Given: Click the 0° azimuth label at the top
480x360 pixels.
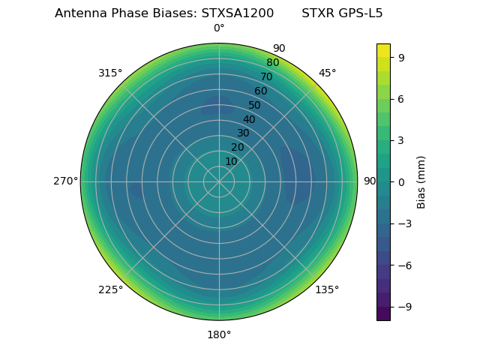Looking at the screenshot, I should click(219, 28).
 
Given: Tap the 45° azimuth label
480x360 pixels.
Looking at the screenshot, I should click(327, 73).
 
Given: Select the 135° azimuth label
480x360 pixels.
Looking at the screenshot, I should click(327, 290).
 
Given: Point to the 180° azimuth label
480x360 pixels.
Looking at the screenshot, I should click(219, 334).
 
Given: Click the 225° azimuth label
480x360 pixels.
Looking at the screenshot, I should click(110, 290).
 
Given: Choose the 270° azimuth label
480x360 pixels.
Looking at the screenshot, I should click(65, 181).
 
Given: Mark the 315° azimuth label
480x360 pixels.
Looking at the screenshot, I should click(110, 73).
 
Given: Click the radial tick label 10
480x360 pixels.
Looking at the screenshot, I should click(231, 161).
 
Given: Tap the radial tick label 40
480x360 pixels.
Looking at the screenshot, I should click(249, 120).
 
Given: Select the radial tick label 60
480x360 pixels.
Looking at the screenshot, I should click(260, 91).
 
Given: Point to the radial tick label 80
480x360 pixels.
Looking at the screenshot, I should click(272, 63).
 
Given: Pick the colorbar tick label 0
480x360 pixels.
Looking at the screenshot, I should click(401, 181).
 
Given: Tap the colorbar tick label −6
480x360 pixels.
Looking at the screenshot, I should click(403, 265).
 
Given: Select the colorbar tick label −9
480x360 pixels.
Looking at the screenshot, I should click(403, 307).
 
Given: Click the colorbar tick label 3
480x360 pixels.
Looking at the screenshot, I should click(401, 140).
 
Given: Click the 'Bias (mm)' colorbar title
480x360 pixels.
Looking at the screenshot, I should click(421, 181).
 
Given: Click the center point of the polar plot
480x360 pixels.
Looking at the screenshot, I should click(219, 181).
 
